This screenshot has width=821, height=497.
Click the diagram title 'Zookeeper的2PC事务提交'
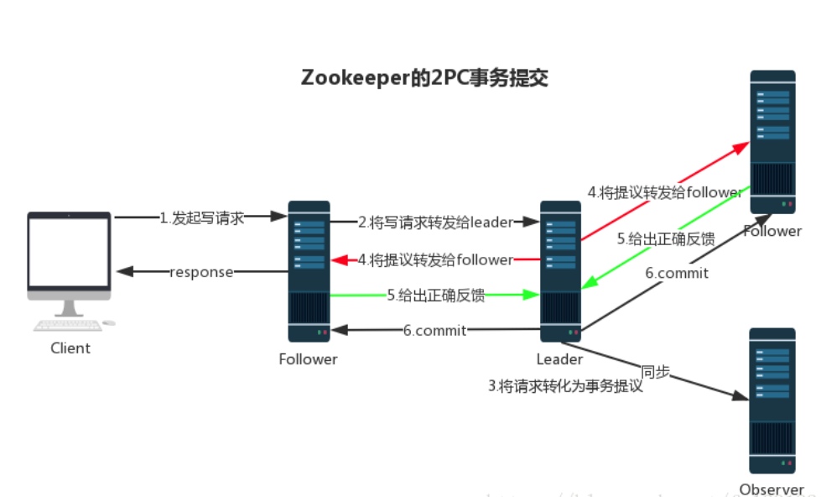tap(425, 78)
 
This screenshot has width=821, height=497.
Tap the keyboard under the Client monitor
tap(67, 325)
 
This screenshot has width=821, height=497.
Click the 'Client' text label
tap(70, 348)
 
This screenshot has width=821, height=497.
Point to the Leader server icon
tap(559, 270)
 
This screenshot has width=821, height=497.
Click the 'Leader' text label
tap(559, 359)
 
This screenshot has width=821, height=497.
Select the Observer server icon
tap(772, 401)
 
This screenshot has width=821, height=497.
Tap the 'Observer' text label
tap(771, 489)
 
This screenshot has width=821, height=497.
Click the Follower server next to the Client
tap(309, 270)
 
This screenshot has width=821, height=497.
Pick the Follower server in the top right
tap(772, 142)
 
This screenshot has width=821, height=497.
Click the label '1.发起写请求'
tap(202, 218)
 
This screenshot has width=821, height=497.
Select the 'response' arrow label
tap(201, 272)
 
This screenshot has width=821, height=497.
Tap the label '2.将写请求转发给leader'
tap(434, 222)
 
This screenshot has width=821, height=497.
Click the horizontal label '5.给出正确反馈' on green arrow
tap(435, 295)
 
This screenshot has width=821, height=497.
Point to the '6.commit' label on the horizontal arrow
tap(434, 330)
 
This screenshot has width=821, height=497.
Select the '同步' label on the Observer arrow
tap(655, 372)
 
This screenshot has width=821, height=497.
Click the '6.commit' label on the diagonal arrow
tap(676, 273)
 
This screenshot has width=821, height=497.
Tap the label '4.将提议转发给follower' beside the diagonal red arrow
tap(664, 192)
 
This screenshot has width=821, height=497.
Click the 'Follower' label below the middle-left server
tap(308, 359)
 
